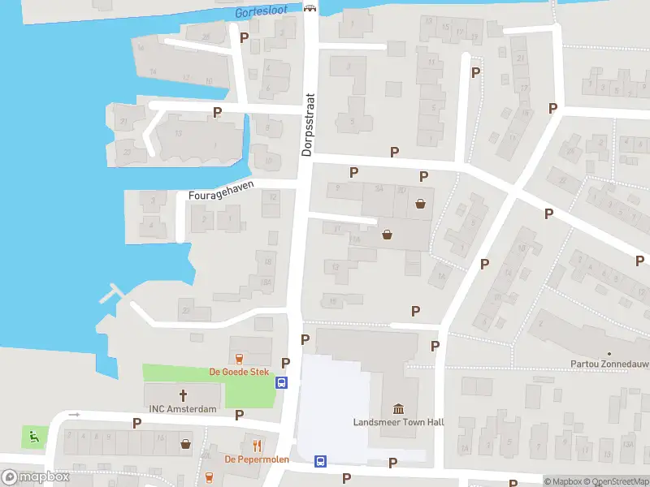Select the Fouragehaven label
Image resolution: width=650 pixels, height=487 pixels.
pos(221,191)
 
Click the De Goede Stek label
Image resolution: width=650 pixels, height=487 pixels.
pos(239,372)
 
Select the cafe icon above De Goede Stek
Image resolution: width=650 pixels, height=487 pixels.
pos(239,358)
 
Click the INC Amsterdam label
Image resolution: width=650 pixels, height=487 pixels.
pos(183,409)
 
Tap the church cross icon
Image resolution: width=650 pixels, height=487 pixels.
pos(183,395)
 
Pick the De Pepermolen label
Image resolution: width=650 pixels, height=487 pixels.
pos(257,459)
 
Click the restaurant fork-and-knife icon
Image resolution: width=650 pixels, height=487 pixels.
pos(257,445)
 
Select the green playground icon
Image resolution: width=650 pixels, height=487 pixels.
pos(33,437)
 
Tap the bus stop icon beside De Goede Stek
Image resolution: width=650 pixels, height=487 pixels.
pos(282,383)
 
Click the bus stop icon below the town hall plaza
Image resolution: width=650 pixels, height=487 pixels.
pos(321,461)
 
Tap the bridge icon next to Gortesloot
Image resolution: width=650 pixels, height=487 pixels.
pos(309,9)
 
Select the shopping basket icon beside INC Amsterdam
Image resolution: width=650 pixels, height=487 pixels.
pos(186,444)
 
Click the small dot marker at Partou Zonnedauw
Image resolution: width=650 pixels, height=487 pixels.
pos(609,354)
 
